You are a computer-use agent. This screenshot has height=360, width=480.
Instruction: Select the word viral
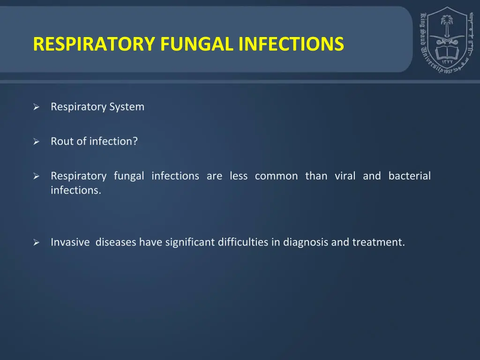pos(345,176)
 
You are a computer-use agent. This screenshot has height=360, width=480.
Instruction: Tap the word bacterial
pos(409,176)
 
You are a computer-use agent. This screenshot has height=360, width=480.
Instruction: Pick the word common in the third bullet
pos(276,176)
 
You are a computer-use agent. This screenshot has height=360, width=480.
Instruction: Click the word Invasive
pos(70,242)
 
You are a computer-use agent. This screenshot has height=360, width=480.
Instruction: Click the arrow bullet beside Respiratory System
pos(36,107)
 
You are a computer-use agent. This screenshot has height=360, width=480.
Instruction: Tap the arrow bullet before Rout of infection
pos(36,142)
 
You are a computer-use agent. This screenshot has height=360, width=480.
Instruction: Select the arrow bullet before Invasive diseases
pos(36,243)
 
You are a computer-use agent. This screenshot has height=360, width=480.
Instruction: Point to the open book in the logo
pos(446,51)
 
